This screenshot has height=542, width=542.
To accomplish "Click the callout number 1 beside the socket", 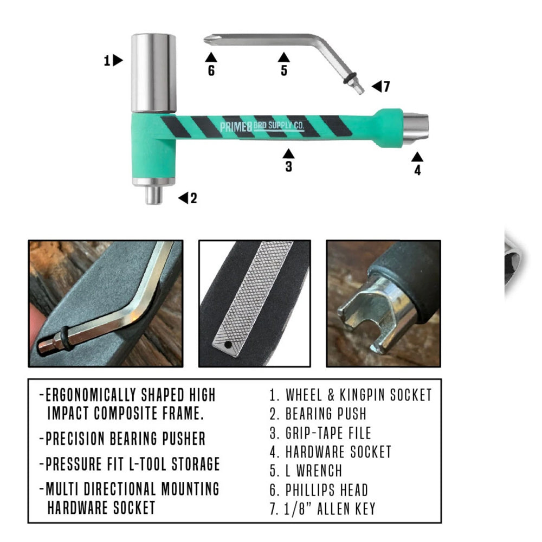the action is pyautogui.click(x=107, y=61).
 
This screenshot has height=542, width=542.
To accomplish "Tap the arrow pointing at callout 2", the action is pyautogui.click(x=183, y=198).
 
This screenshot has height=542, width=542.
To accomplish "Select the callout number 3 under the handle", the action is pyautogui.click(x=289, y=166).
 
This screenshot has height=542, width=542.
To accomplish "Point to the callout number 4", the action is pyautogui.click(x=417, y=170).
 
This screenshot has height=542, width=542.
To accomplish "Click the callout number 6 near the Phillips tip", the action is pyautogui.click(x=211, y=70).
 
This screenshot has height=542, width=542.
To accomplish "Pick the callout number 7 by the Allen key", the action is pyautogui.click(x=386, y=86).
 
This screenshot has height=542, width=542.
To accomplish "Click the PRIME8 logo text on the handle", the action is pyautogui.click(x=236, y=127).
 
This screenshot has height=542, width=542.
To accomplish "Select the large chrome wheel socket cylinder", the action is pyautogui.click(x=153, y=73).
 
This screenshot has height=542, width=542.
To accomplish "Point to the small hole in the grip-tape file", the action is pyautogui.click(x=228, y=345).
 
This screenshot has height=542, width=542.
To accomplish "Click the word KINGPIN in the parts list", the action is pyautogui.click(x=362, y=395).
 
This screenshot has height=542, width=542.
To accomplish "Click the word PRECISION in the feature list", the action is pyautogui.click(x=75, y=438).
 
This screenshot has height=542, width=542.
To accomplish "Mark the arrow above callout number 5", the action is pyautogui.click(x=284, y=57).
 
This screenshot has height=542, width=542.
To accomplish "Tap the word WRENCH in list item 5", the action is pyautogui.click(x=319, y=471).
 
